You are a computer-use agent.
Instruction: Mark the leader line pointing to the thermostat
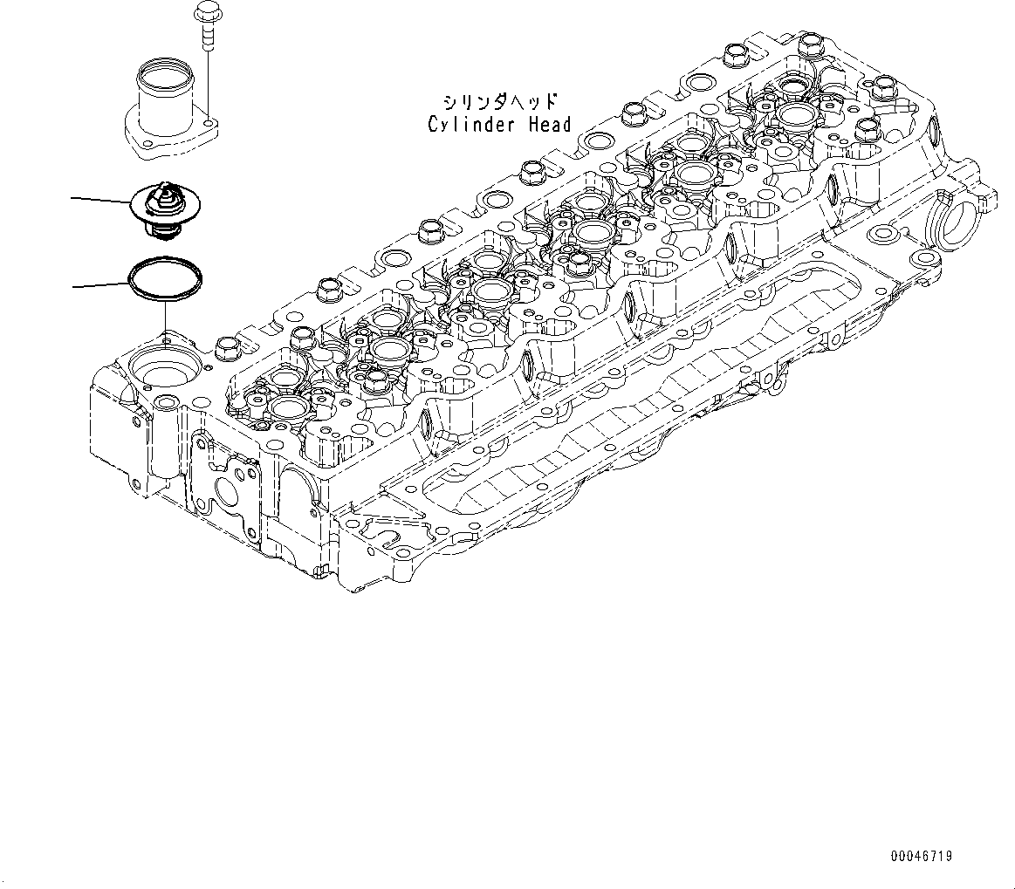(100, 200)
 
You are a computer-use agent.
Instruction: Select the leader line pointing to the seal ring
(100, 284)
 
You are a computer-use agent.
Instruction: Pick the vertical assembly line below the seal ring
(164, 316)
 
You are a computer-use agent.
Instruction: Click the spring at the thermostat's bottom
(163, 231)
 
